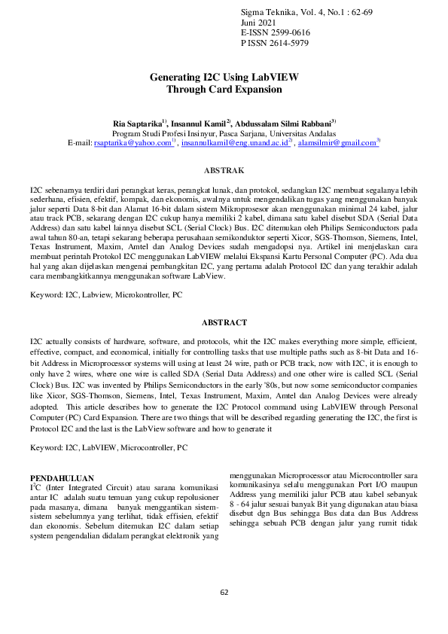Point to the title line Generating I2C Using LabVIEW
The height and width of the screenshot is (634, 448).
[x=224, y=78]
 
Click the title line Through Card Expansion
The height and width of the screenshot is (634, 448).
[x=224, y=89]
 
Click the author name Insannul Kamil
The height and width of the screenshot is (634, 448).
[x=198, y=123]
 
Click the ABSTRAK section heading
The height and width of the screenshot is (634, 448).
[x=224, y=172]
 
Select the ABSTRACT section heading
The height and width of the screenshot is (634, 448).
[x=224, y=322]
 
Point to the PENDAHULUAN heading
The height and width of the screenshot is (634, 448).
[x=61, y=478]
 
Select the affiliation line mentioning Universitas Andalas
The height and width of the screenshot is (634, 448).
[x=224, y=133]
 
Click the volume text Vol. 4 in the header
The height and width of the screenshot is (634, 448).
[x=313, y=14]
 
